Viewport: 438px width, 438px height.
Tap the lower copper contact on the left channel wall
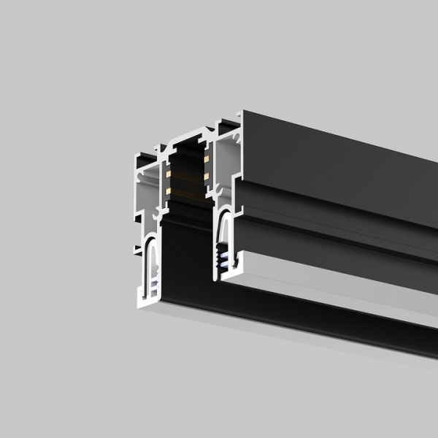(167, 191)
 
